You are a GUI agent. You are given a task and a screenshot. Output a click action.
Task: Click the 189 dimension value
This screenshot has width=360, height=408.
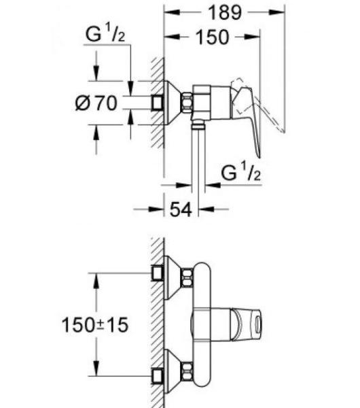[x=225, y=12]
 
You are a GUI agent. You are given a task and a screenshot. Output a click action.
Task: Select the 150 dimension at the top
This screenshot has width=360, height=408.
[x=213, y=37]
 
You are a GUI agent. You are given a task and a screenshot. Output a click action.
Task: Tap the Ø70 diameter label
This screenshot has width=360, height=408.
[x=96, y=103]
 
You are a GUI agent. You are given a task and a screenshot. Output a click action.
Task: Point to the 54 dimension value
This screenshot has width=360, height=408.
[x=181, y=209]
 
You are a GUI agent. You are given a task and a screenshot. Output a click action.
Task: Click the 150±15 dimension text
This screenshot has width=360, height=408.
[x=95, y=325]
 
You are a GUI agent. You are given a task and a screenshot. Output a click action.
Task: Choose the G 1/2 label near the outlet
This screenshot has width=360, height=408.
[x=240, y=172]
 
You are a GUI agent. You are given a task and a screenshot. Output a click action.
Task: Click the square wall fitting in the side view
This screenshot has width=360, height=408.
[x=158, y=103]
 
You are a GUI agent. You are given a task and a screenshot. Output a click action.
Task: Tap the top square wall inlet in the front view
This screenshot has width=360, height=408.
[x=158, y=273]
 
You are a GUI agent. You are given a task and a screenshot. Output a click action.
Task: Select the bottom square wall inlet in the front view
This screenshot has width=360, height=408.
[x=158, y=376]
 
